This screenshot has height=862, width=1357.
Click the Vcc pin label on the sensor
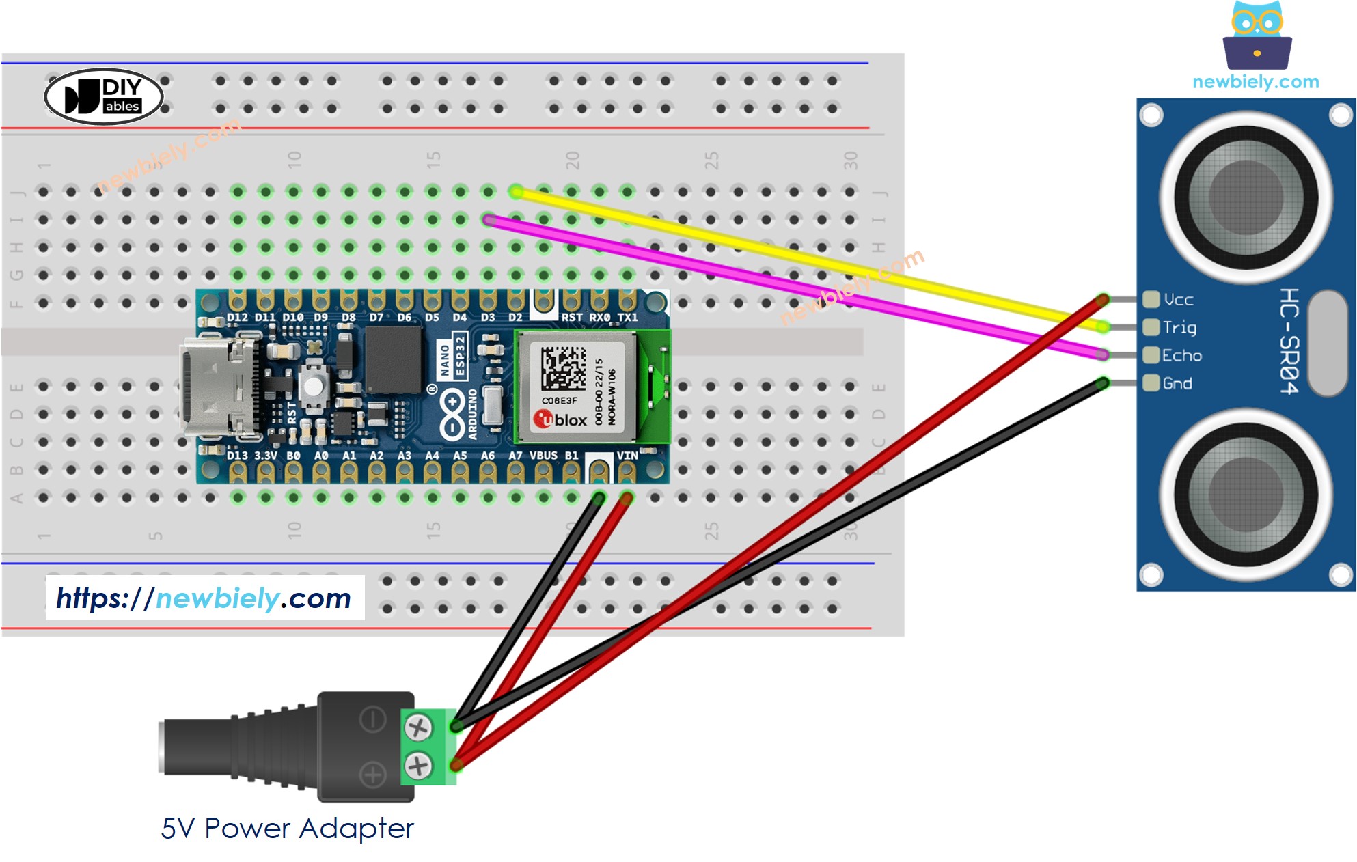(1178, 300)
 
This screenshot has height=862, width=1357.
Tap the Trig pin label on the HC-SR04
(1179, 328)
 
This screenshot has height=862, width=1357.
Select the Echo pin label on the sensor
(1181, 356)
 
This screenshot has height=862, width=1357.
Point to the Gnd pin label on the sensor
(1177, 384)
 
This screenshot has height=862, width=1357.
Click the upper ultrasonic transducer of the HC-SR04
(1246, 198)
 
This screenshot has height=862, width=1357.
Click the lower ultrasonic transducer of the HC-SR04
(1246, 495)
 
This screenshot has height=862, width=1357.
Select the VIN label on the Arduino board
(627, 456)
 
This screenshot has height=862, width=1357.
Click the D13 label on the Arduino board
(237, 456)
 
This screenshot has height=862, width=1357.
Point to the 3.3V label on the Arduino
(266, 456)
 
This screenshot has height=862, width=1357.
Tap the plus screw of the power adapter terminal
(418, 765)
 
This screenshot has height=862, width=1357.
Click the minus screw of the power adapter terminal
(418, 728)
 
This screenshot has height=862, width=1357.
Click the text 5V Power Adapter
(287, 829)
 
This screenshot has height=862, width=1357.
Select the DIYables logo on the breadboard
(104, 96)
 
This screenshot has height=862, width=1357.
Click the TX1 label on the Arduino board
(627, 318)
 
